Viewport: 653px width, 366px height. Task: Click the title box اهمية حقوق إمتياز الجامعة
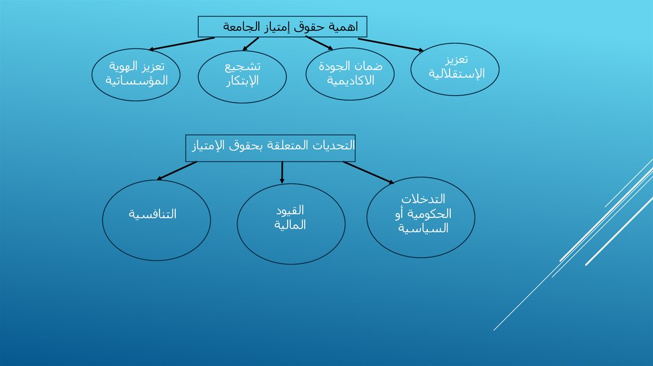[282, 27]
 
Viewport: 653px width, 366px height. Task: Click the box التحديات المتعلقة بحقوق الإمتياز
[270, 147]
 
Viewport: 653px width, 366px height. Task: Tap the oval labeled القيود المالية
[291, 223]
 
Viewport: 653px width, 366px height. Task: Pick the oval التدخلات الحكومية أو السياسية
[422, 215]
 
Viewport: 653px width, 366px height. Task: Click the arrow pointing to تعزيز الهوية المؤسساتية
[182, 43]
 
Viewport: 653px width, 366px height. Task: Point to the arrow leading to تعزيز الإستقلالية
[390, 45]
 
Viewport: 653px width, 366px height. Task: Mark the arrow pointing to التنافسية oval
[177, 170]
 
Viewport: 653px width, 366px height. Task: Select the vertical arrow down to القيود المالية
[282, 173]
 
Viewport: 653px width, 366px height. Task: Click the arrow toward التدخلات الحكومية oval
[369, 173]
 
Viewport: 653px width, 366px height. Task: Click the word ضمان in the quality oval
[369, 66]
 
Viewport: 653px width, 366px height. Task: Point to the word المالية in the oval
[291, 224]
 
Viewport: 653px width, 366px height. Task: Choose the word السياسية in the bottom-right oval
[423, 228]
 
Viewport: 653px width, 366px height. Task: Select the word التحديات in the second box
[337, 147]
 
